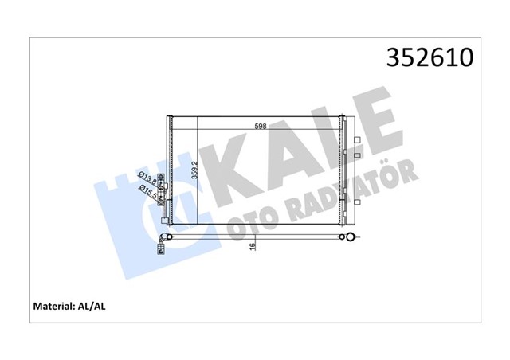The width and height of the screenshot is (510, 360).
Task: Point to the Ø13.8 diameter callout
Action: pyautogui.click(x=146, y=176)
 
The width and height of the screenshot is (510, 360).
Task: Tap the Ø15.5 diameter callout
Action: pyautogui.click(x=147, y=190)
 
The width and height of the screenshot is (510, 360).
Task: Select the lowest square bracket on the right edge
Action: pyautogui.click(x=357, y=153)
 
